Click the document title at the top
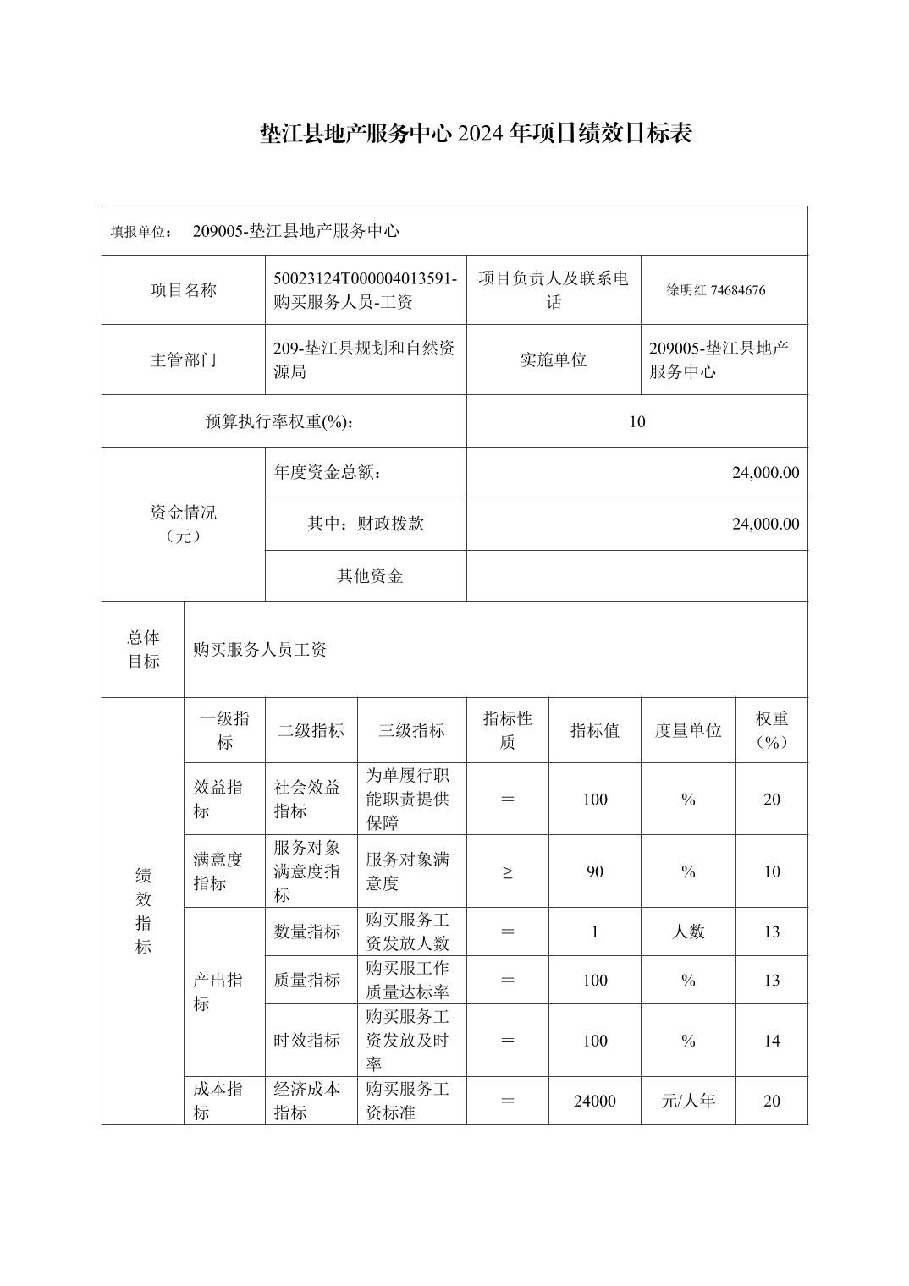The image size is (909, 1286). [x=476, y=133]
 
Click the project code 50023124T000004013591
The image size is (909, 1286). [x=366, y=278]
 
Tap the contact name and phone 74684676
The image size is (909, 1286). [x=715, y=290]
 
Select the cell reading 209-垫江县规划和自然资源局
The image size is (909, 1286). [x=365, y=360]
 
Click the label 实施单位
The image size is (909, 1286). [x=553, y=360]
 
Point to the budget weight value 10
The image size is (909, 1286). [x=636, y=421]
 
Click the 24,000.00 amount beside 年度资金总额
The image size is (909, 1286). [x=764, y=472]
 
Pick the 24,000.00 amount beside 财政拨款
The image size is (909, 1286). [x=764, y=524]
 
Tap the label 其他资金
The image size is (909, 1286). [x=370, y=576]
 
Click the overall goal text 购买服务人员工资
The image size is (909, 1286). [x=260, y=650]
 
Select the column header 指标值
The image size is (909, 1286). [x=594, y=730]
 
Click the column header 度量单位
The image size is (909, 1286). [x=687, y=730]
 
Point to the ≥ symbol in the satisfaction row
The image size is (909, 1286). [x=507, y=872]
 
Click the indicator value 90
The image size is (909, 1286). [x=594, y=872]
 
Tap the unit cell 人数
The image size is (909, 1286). [x=687, y=932]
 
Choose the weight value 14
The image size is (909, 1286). [x=771, y=1041]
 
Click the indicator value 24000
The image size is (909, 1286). [x=594, y=1101]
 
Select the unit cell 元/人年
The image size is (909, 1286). [x=687, y=1101]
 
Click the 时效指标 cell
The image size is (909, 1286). [x=306, y=1041]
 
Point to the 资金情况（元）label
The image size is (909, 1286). [x=183, y=524]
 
